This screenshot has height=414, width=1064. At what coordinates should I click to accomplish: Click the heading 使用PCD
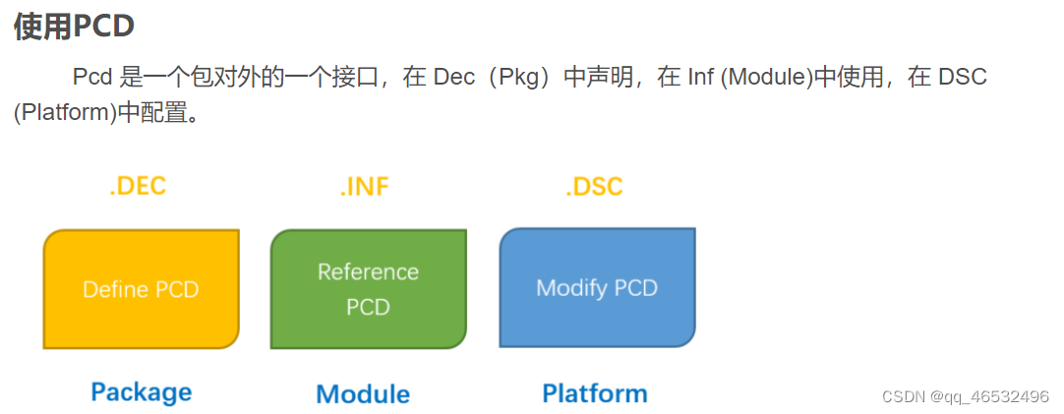tap(74, 27)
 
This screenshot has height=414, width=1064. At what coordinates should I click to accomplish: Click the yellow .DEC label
tap(138, 187)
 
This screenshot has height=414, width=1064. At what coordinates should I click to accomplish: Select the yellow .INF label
tap(365, 187)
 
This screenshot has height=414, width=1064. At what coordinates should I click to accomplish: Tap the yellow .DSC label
tap(594, 187)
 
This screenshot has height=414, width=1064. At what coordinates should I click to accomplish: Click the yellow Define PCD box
tap(141, 289)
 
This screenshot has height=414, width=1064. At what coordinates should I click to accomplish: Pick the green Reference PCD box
tap(368, 289)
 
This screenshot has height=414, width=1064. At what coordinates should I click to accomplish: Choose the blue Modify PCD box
tap(597, 287)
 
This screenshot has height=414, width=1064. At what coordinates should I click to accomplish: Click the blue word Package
tap(141, 392)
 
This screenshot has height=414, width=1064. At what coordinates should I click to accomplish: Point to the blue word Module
tap(363, 394)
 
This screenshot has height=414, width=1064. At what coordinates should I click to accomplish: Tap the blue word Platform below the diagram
tap(595, 393)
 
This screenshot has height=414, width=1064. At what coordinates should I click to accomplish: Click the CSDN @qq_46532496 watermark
tap(966, 396)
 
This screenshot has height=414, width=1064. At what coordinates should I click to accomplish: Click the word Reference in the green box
tap(368, 271)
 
